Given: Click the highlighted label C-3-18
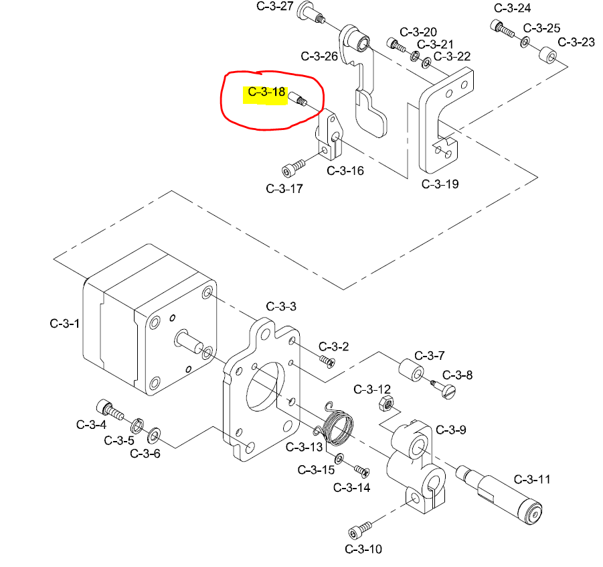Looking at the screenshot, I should point(266,92).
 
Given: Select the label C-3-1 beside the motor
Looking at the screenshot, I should point(65,324).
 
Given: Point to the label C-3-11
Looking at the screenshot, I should point(532,479).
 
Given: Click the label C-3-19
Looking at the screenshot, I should point(440,184).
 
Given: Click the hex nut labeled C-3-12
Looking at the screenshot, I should point(385,403).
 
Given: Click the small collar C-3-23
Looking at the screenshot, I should point(547,54).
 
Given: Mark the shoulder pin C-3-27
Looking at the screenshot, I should point(310,12).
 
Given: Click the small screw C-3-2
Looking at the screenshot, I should point(328,361).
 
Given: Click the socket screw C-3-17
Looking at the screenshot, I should point(292,166).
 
